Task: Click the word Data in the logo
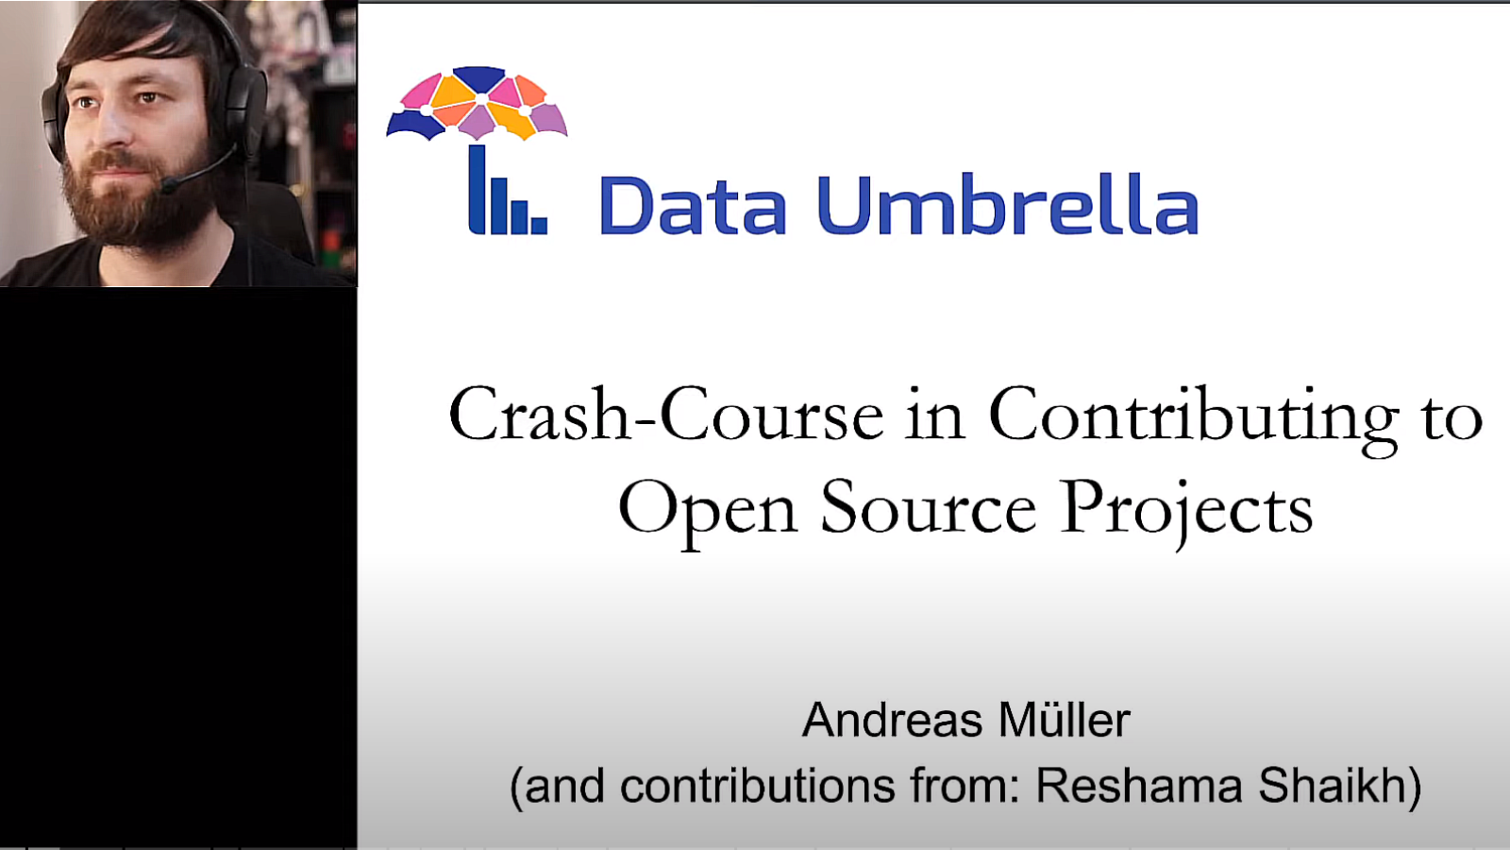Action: [693, 205]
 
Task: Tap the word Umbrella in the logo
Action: [1008, 203]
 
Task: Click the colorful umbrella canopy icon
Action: [478, 103]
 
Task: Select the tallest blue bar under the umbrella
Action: [478, 190]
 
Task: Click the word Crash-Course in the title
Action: [666, 414]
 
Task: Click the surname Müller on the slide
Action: [1065, 720]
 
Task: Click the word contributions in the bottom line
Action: [756, 786]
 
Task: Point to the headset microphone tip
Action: [169, 184]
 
